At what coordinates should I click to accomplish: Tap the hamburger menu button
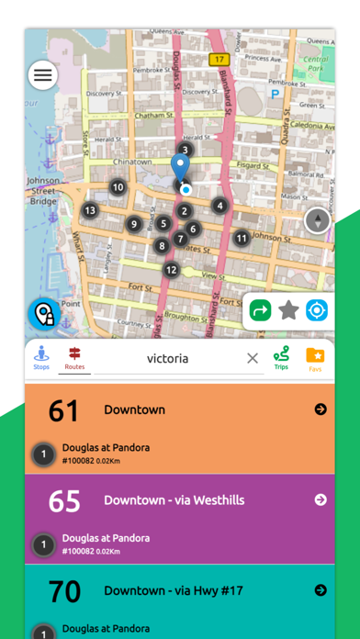click(42, 75)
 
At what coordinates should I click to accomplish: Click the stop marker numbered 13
click(90, 211)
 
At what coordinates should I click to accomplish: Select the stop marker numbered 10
click(118, 187)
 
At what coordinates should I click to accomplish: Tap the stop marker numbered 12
click(171, 270)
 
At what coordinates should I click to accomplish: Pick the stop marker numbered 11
click(242, 239)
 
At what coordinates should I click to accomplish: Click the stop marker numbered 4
click(219, 206)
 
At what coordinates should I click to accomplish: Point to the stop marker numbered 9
click(134, 224)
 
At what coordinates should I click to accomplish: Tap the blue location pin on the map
click(180, 168)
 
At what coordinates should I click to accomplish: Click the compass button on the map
click(319, 220)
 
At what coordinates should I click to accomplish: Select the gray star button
click(288, 310)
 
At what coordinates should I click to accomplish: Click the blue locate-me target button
click(317, 310)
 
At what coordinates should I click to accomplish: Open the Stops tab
click(41, 358)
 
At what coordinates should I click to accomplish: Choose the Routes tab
click(74, 358)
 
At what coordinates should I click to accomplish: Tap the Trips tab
click(281, 358)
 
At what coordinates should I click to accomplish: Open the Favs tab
click(315, 358)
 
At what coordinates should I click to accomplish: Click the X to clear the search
click(253, 358)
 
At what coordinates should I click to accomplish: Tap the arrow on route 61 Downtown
click(321, 409)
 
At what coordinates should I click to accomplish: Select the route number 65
click(64, 500)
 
